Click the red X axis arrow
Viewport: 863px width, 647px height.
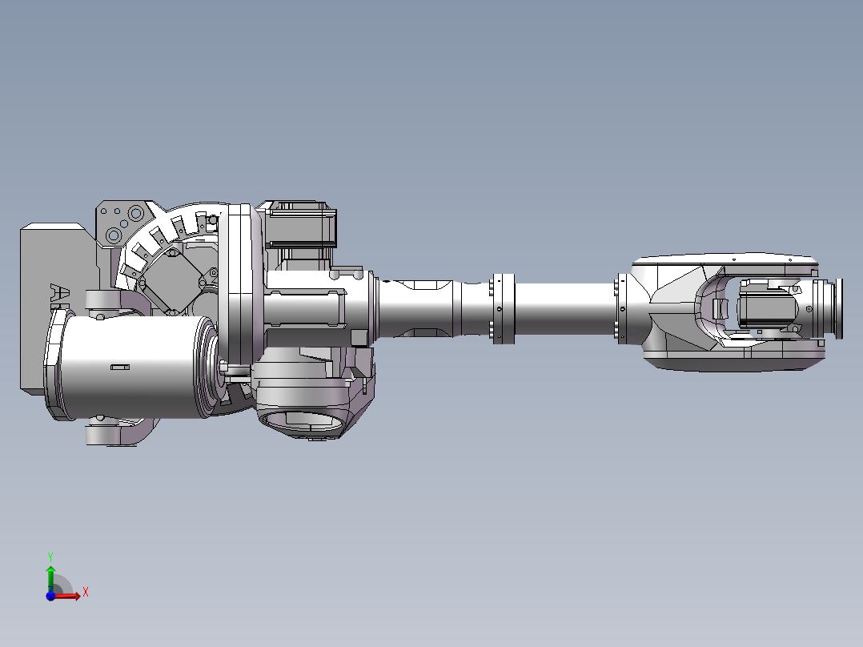(x=70, y=595)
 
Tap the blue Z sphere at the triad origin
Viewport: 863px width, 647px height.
(x=50, y=595)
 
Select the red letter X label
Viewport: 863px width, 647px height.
(x=85, y=592)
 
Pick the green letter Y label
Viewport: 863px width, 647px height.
(x=50, y=555)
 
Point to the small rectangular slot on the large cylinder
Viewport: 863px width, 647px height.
(x=119, y=367)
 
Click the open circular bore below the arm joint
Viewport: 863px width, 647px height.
(x=300, y=421)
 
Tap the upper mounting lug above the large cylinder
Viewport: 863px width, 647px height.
(x=104, y=300)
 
